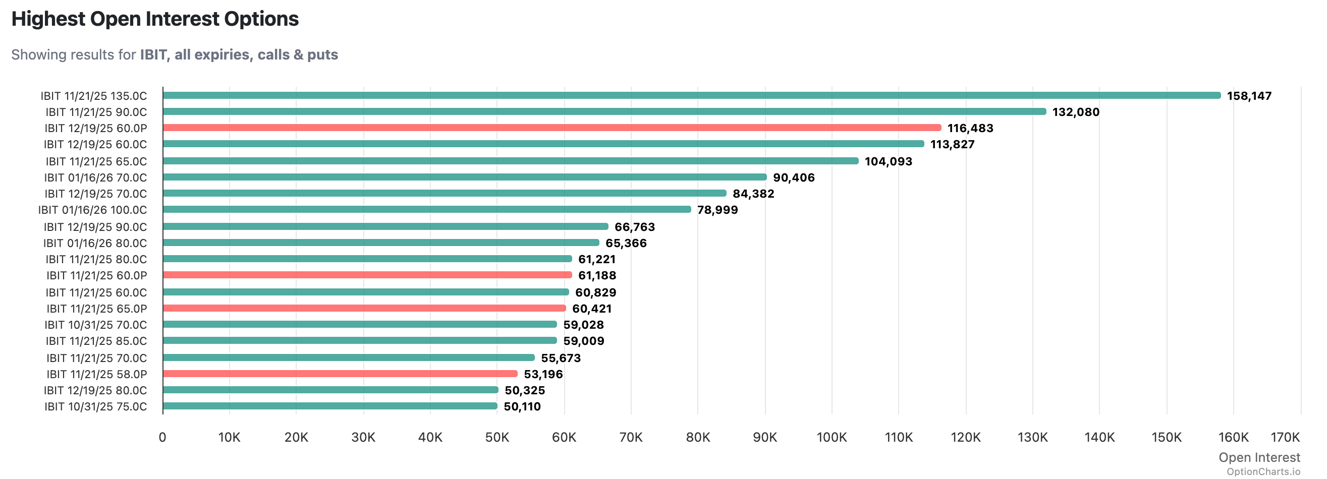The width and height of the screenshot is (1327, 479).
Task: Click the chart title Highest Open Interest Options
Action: (154, 19)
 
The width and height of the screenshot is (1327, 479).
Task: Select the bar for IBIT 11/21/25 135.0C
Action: (690, 95)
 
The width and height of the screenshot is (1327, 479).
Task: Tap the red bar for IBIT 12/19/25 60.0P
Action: (551, 128)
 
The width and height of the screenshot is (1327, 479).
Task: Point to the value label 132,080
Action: (1075, 112)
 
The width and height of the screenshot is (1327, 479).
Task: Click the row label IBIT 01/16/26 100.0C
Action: (92, 210)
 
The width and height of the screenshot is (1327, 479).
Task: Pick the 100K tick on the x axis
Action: (831, 437)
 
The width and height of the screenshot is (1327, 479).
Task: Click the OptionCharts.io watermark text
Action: (1262, 471)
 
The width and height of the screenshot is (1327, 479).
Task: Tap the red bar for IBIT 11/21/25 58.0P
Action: (340, 374)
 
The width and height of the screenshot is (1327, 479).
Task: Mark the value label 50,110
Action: (522, 406)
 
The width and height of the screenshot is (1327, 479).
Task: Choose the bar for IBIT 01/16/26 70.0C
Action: (464, 177)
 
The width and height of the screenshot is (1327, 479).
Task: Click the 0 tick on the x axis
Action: (162, 437)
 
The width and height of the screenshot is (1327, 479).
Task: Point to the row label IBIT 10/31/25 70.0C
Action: (95, 325)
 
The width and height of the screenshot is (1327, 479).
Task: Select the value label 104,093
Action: (888, 161)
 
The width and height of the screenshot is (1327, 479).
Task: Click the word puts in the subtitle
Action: (322, 54)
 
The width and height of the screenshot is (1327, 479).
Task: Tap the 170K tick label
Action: (1285, 437)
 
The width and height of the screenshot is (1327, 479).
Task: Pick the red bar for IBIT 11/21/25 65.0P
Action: (364, 309)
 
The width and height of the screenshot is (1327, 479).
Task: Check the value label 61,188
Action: (596, 276)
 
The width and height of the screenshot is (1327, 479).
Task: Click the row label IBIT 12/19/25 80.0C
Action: (95, 390)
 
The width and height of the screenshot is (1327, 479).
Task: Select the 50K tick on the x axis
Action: (496, 437)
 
